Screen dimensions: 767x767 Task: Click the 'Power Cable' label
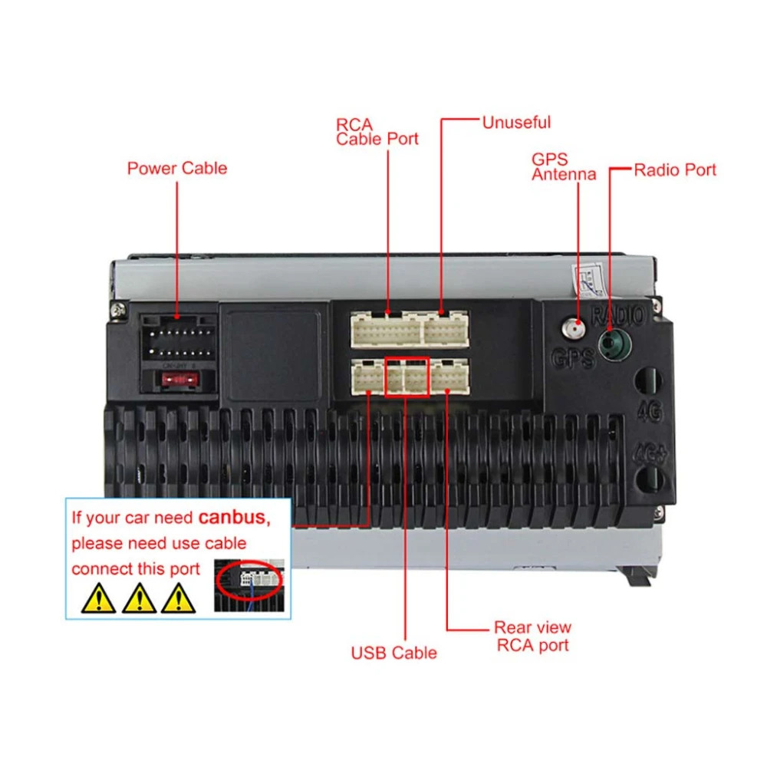[x=177, y=168]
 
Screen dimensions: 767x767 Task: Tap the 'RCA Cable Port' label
[x=377, y=131]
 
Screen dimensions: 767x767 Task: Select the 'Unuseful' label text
[x=516, y=122]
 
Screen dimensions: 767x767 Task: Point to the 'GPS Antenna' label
[x=564, y=166]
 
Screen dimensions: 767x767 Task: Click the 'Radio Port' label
[x=675, y=170]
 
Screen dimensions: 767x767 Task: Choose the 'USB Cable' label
[x=393, y=653]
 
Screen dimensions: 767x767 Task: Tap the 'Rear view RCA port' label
[x=532, y=636]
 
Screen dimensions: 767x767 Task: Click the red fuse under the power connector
[x=177, y=378]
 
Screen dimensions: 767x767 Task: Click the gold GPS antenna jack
[x=572, y=330]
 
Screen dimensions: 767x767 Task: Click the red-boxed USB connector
[x=407, y=377]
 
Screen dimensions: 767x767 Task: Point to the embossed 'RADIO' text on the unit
[x=619, y=313]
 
